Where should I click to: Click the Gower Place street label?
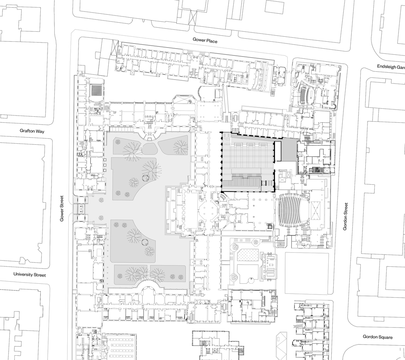205,41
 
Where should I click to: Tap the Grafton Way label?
32,131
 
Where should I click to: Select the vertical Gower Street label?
62,208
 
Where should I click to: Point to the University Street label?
30,275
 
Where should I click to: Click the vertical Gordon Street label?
346,216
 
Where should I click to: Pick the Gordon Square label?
378,337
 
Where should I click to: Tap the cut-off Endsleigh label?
391,66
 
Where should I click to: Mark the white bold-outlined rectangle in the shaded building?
278,151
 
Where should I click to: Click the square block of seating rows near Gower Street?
96,90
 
